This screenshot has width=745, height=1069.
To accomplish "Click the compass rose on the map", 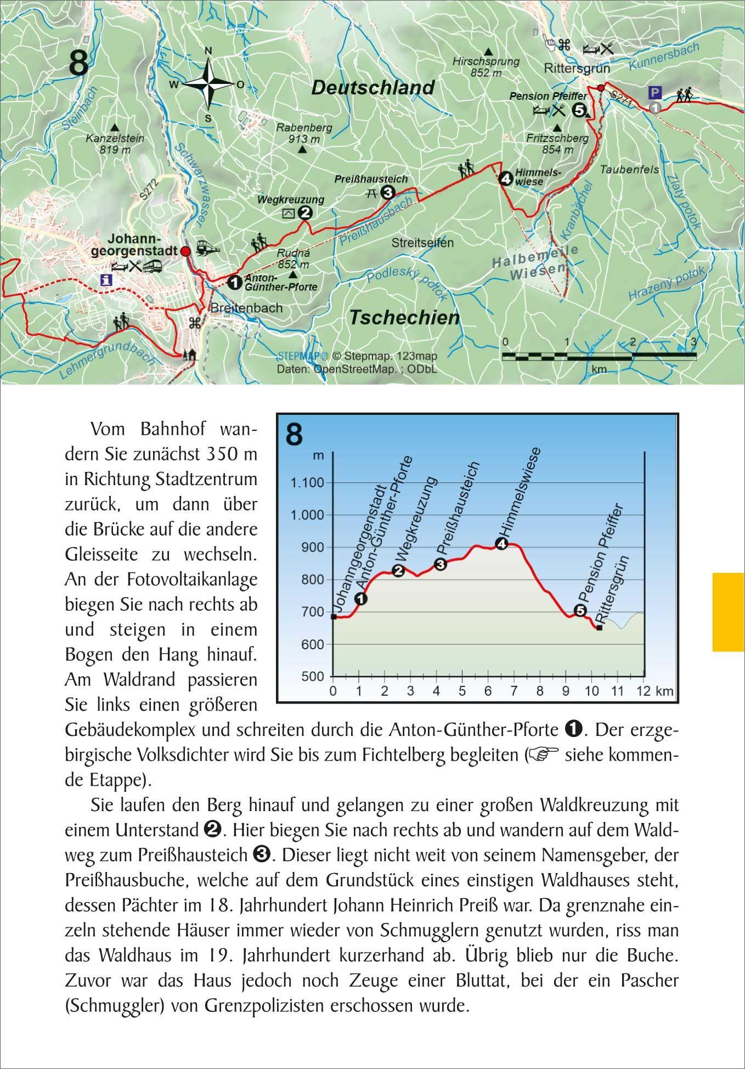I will tap(208, 84).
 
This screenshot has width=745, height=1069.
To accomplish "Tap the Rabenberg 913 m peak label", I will tap(304, 133).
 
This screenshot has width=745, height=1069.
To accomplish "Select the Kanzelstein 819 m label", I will tap(115, 144).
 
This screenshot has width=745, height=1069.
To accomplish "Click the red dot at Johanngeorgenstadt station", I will tap(185, 251).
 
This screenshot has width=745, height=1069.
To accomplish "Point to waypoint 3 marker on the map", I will tap(388, 193).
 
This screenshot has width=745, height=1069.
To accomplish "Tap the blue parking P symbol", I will tap(654, 92).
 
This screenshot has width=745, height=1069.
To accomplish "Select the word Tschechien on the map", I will tap(404, 317).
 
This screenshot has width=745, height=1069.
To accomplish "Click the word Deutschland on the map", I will tap(373, 88).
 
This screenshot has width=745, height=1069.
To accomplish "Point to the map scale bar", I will tap(599, 356).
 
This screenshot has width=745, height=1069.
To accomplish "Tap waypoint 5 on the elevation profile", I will tap(579, 610).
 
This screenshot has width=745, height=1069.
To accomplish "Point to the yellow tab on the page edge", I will tap(728, 612).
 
